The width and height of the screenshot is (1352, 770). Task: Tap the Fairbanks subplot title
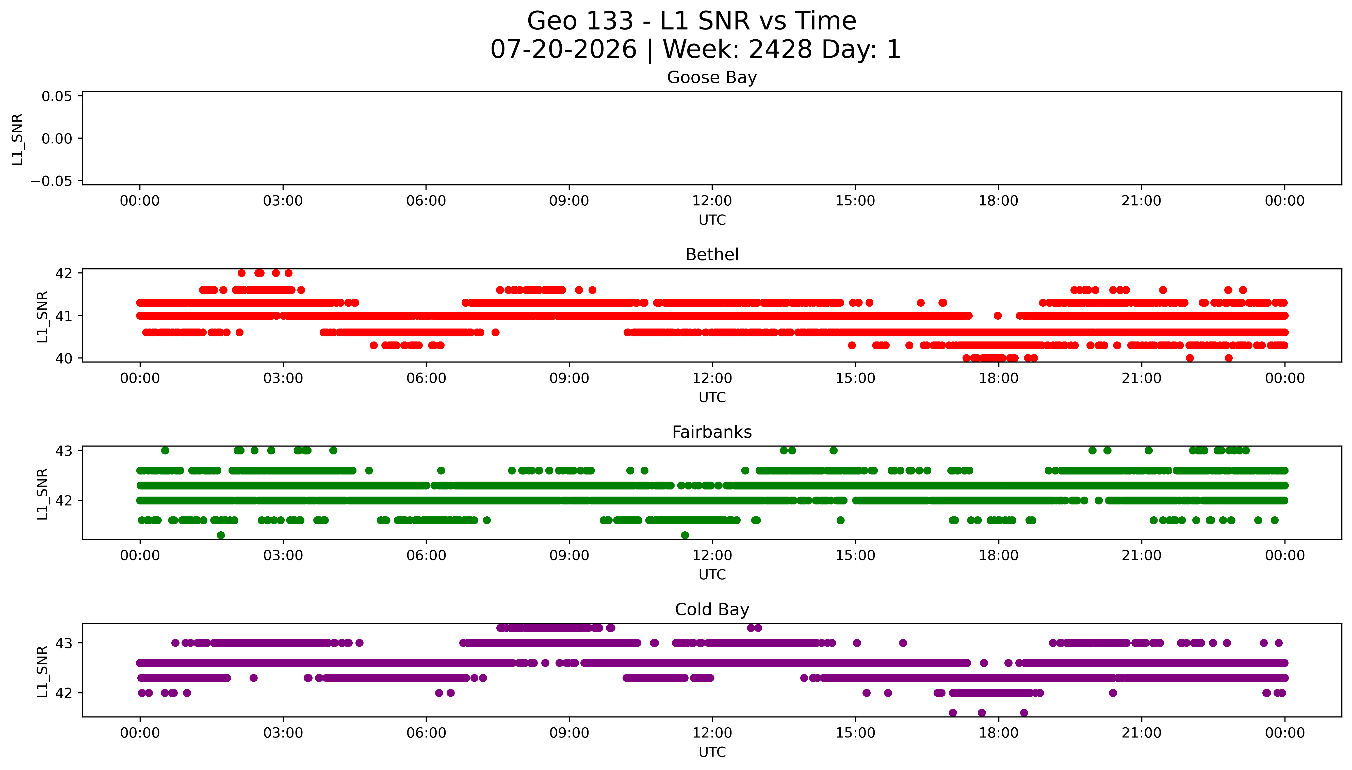[x=712, y=432]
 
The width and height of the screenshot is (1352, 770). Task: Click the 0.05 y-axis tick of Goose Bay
[x=57, y=96]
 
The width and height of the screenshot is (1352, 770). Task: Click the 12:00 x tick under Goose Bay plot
[x=712, y=201]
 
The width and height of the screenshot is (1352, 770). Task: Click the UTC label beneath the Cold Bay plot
[x=712, y=751]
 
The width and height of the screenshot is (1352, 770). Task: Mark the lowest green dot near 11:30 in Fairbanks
[x=685, y=535]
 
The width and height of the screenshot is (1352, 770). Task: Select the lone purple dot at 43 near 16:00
[x=903, y=643]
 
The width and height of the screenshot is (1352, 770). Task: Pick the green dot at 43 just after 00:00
[x=165, y=451]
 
